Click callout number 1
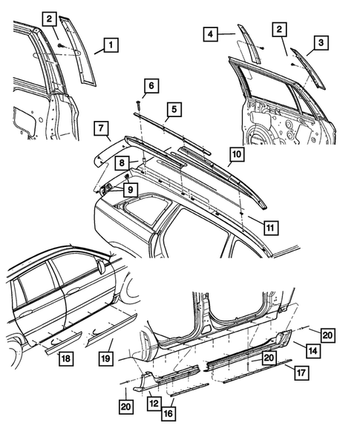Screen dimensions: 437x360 coord(108,46)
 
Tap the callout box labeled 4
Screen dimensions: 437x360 coord(211,33)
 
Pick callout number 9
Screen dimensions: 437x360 coord(130,189)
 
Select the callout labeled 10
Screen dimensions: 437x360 coord(236,155)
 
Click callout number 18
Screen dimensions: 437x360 coord(66,359)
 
